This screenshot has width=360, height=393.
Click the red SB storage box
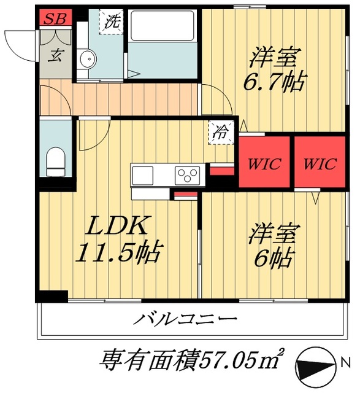tap(55, 17)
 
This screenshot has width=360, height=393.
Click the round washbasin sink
tap(88, 59)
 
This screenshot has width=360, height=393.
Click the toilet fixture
tap(56, 160)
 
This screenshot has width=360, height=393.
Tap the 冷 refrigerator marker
tap(220, 130)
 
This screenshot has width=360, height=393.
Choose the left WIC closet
tap(264, 164)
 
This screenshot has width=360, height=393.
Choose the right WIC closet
tap(320, 164)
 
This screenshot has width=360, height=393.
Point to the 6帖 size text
tap(273, 259)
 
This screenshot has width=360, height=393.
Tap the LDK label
tap(115, 227)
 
